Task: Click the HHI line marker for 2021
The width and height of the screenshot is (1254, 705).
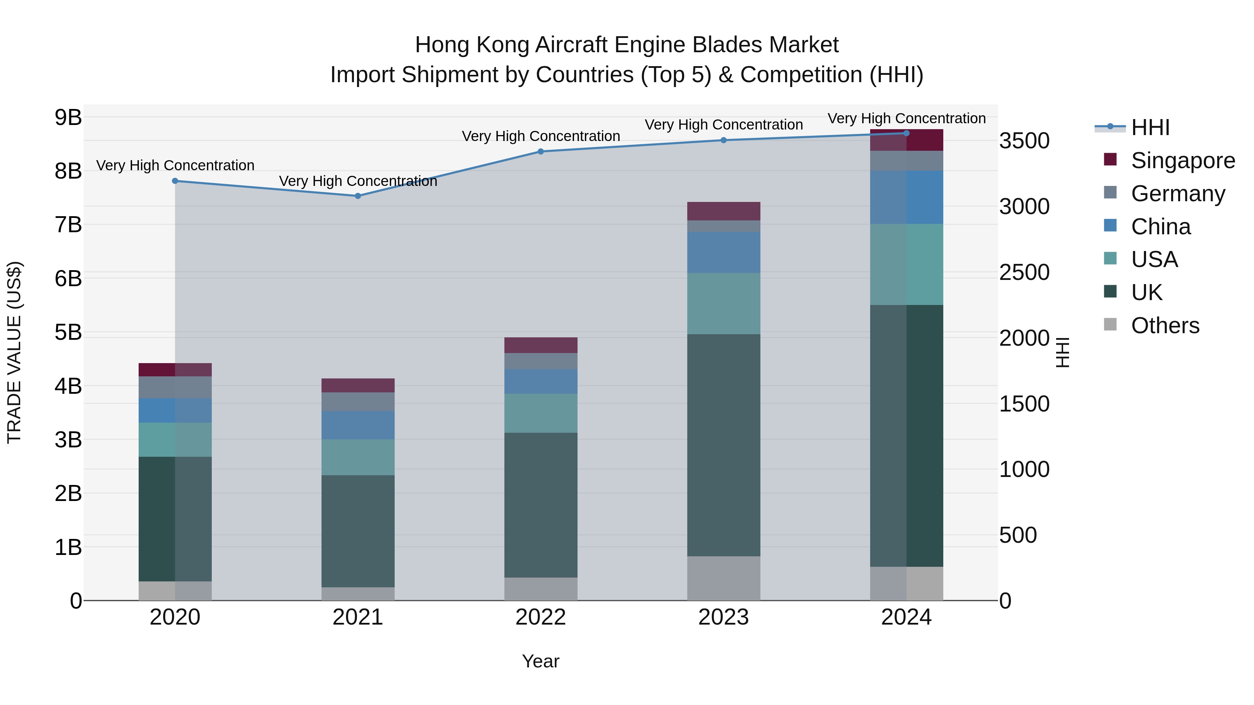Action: click(x=358, y=196)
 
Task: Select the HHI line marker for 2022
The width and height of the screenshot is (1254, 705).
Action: click(x=540, y=151)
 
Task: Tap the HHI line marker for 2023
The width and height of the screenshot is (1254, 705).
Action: click(x=723, y=140)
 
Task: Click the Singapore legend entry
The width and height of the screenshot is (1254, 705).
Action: click(x=1183, y=160)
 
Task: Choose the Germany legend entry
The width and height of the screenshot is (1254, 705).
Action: click(x=1178, y=194)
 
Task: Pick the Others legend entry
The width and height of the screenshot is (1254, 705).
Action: click(x=1165, y=326)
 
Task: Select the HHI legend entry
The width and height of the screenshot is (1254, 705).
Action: click(x=1150, y=127)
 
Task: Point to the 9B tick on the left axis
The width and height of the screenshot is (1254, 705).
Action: click(x=68, y=117)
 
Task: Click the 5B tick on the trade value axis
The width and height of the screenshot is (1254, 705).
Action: click(x=68, y=332)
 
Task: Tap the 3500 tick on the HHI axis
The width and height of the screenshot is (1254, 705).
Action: click(x=1024, y=141)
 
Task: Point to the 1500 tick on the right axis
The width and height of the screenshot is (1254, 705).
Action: click(x=1024, y=404)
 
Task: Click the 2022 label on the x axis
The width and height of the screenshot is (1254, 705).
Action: click(x=540, y=617)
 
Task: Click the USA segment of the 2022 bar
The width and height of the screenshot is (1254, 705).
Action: click(x=540, y=413)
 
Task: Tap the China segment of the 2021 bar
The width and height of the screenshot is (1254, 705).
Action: click(x=358, y=425)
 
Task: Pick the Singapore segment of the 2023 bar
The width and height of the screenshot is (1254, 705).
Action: click(x=723, y=211)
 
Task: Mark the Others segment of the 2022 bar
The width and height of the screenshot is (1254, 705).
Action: click(x=540, y=589)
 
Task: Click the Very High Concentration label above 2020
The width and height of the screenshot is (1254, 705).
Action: click(x=175, y=165)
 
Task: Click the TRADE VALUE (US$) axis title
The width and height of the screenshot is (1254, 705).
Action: click(x=15, y=352)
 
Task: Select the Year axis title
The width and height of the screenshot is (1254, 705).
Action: click(x=540, y=661)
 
